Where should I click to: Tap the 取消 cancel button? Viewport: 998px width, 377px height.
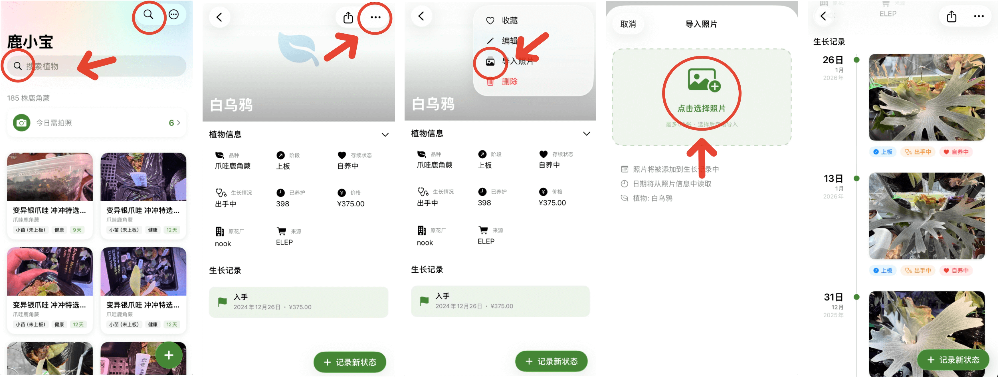click(x=628, y=24)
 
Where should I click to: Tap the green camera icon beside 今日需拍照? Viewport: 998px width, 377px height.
click(x=22, y=123)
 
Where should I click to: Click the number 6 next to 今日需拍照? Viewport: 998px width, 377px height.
click(x=171, y=123)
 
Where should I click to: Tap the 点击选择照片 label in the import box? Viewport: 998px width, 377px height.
click(x=701, y=108)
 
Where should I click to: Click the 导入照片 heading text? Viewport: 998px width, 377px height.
click(x=701, y=24)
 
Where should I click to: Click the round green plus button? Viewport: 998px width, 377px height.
click(x=169, y=355)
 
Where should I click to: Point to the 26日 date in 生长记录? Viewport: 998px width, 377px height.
click(x=833, y=60)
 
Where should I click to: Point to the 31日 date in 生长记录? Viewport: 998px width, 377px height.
click(x=833, y=297)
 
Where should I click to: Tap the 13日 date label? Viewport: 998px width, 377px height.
click(x=833, y=179)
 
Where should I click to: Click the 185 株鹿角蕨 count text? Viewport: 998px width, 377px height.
click(x=28, y=98)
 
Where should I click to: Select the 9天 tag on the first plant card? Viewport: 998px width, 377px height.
click(x=77, y=230)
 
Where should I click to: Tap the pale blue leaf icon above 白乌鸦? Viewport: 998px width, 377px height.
click(x=298, y=48)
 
